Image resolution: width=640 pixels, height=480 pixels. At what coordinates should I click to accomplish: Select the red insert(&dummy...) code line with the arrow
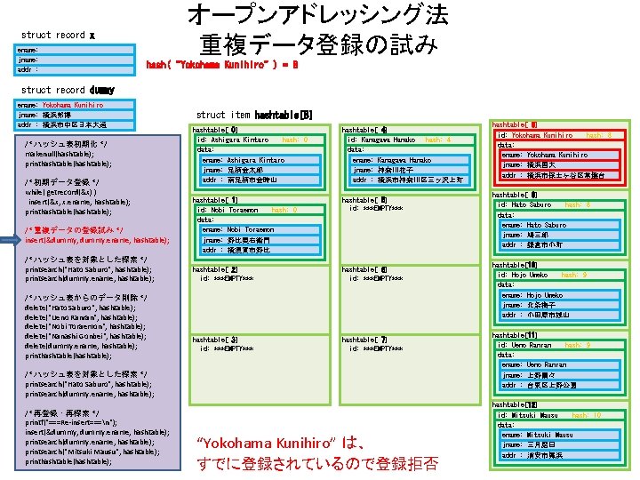point(97,240)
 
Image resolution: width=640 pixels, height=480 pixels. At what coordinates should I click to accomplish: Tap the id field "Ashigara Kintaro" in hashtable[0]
point(233,140)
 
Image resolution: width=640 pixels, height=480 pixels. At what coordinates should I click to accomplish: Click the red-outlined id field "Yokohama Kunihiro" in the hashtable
point(535,135)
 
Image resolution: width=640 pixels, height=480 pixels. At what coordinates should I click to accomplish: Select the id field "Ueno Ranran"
point(524,345)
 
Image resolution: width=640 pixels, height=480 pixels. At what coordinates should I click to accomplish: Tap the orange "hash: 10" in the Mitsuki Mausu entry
point(586,415)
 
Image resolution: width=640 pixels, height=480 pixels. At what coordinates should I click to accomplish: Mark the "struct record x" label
point(57,35)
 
